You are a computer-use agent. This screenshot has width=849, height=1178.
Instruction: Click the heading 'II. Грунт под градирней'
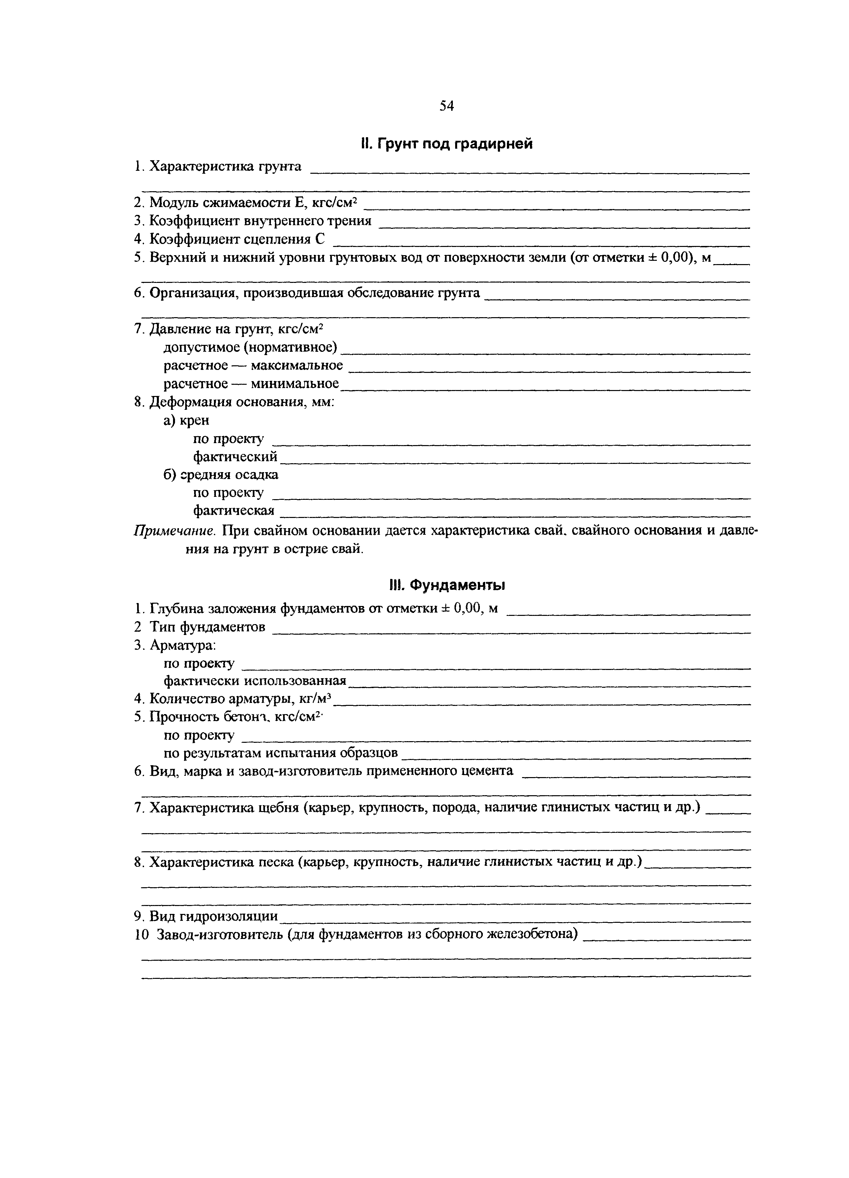[447, 144]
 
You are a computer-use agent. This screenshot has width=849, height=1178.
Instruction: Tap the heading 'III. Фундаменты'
[447, 585]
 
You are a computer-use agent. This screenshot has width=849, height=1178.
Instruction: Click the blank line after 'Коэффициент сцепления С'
[540, 244]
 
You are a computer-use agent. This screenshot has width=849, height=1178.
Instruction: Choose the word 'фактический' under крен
[235, 457]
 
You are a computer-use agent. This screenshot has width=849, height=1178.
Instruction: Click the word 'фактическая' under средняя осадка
[234, 511]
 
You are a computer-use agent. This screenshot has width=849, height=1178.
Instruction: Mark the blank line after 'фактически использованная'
[550, 686]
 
